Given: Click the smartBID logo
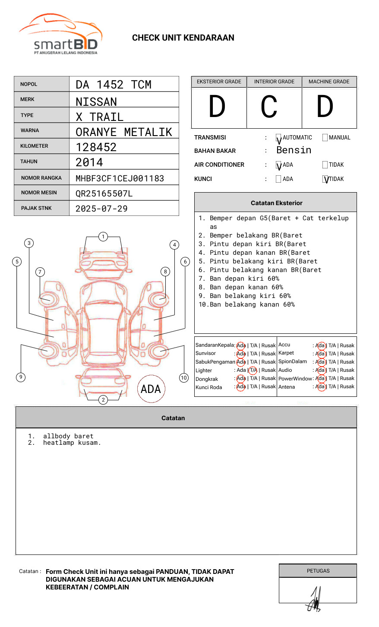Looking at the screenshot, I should pos(60,35).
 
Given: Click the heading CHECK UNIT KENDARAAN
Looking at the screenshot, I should pos(183,38).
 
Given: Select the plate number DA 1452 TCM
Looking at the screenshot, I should pos(114,85).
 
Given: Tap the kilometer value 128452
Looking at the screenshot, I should pos(96,147).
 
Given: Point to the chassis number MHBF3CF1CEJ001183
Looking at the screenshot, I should pos(120,178).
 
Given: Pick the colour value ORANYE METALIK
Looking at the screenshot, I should pos(123,132).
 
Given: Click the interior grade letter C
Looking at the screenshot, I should pos(269,107).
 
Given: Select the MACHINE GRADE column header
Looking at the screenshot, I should pos(329,82).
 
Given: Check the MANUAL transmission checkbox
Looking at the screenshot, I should pos(325,138).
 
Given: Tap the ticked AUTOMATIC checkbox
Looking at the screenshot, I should pos(278,138).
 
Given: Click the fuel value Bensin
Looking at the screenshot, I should pos(294,150).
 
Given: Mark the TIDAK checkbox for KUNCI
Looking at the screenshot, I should pos(325,179).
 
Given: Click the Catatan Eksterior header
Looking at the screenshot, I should pos(276,203).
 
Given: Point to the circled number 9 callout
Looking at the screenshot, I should pos(21,377).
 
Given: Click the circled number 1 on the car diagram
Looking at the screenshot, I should pos(103,236).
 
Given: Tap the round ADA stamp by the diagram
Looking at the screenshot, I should pos(151,389).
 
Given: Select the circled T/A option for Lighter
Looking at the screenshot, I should pos(253,370).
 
